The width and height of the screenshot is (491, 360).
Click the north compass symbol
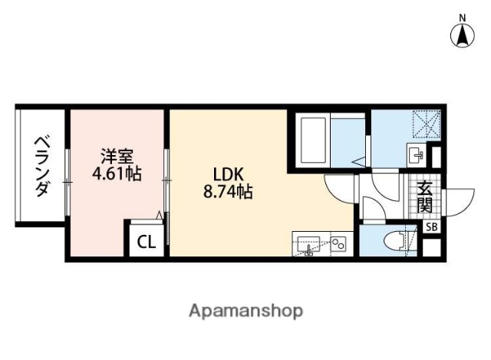[x=463, y=35]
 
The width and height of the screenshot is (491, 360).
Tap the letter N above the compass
[x=463, y=17]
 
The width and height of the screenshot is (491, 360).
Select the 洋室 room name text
[x=117, y=153]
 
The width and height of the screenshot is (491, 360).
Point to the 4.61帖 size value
[x=117, y=173]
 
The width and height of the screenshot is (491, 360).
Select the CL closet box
[x=146, y=242]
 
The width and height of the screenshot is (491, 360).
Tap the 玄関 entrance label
[x=424, y=197]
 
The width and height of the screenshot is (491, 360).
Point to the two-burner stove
[x=338, y=245]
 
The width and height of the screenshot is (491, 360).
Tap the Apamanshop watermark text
[x=245, y=311]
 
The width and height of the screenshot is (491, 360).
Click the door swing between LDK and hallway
[x=338, y=187]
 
